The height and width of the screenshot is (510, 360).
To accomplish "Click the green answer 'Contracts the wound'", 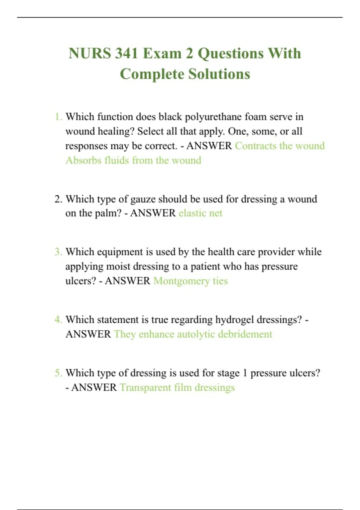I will [280, 146].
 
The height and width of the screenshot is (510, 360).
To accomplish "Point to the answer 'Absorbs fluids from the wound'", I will [133, 160].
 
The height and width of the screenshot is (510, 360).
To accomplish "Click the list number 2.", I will [58, 199].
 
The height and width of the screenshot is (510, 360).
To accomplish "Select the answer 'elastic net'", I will [200, 213].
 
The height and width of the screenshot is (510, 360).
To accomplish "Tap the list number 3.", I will [58, 252].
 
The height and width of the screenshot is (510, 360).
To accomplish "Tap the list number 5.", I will [58, 373].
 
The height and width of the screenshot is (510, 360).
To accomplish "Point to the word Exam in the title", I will [162, 54].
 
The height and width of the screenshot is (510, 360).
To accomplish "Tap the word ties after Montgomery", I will [220, 281].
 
